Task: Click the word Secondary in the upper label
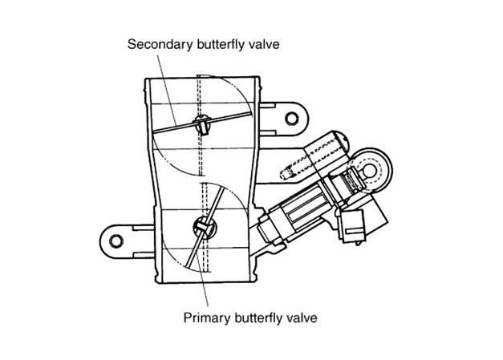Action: click(160, 44)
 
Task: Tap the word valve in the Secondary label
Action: click(260, 44)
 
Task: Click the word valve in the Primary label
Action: click(298, 318)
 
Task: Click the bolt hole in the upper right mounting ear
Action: click(291, 119)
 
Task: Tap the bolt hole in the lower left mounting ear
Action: click(116, 241)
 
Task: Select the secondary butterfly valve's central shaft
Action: click(203, 124)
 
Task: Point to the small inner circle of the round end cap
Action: click(370, 170)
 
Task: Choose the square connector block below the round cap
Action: click(352, 225)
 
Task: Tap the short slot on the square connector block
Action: click(353, 231)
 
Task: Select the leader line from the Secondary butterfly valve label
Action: click(167, 90)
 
